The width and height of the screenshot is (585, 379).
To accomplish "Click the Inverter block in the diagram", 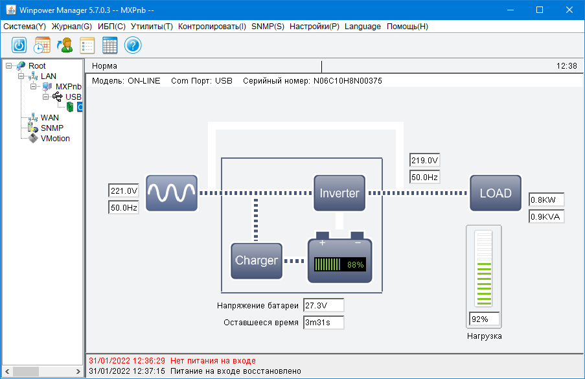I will pos(339,193).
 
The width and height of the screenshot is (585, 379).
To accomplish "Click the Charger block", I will pos(257,260).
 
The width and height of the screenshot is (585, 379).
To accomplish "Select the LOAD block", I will pos(495,193).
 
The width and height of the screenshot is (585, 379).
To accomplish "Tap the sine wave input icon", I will pos(171,193).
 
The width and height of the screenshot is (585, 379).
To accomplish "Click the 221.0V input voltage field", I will pos(124,191).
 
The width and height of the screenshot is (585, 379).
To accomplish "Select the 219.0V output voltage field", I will pos(425,161).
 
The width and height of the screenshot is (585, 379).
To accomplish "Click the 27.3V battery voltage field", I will pos(323,305).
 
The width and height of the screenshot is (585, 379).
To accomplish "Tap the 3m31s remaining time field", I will pos(323,322).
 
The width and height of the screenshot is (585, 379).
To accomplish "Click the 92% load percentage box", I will pos(484,319).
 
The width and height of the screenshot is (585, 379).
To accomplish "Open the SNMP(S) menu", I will pos(268,27).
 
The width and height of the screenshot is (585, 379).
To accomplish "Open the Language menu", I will pos(363,27).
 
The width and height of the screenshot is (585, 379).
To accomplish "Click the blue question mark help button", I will pos(133,45).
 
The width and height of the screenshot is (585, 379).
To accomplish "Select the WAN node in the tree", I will pos(49,118).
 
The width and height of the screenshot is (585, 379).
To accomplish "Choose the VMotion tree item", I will pos(55,139).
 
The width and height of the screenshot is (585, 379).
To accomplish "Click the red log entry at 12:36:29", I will pos(172,360).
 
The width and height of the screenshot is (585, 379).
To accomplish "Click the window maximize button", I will pos(539,10).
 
